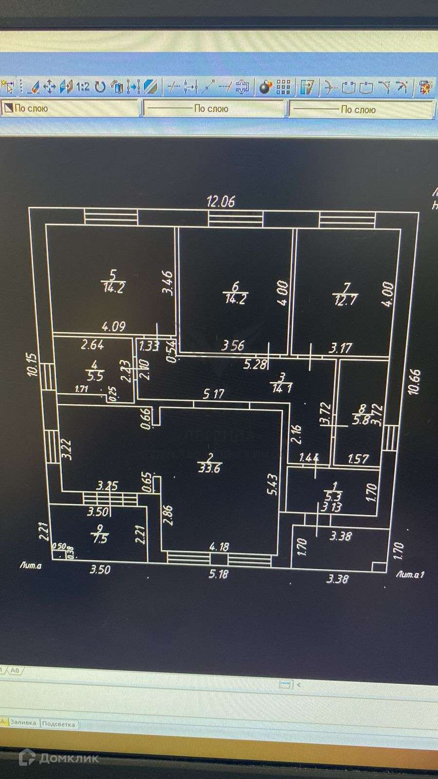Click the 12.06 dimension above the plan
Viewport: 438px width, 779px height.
221,201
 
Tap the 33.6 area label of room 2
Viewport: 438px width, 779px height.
209,469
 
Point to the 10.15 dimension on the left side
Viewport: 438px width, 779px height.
32,364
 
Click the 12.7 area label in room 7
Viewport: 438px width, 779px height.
345,300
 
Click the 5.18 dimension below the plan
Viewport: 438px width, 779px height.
218,575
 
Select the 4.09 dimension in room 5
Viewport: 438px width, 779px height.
113,326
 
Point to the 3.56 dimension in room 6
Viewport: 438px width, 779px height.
233,346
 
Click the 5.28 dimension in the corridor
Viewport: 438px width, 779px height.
255,364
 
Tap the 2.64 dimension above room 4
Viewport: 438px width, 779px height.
92,345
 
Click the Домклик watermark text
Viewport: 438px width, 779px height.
69,758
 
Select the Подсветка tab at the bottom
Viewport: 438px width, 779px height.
58,724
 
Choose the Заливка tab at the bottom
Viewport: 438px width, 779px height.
23,723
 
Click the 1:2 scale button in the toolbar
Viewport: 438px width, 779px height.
82,87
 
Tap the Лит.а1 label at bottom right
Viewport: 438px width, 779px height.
410,575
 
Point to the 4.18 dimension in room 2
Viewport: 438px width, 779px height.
219,547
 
